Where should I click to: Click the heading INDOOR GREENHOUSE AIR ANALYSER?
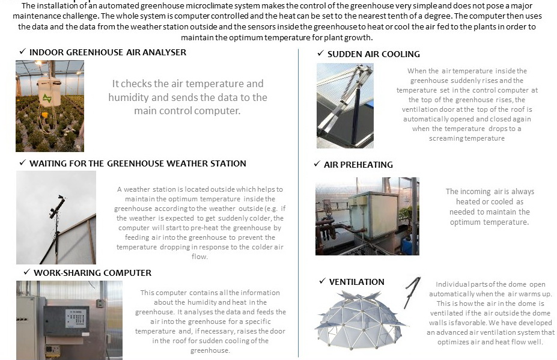pyautogui.click(x=108, y=52)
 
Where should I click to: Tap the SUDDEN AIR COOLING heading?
pyautogui.click(x=374, y=54)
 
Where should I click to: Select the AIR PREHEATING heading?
pyautogui.click(x=358, y=164)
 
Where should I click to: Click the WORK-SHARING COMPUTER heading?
pyautogui.click(x=93, y=273)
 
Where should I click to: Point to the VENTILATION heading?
pyautogui.click(x=356, y=281)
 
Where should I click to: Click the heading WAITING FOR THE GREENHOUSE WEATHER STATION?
pyautogui.click(x=138, y=163)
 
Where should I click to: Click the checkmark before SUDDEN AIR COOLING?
pyautogui.click(x=321, y=54)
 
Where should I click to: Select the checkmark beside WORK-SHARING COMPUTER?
pyautogui.click(x=26, y=273)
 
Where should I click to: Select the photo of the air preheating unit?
pyautogui.click(x=367, y=216)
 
